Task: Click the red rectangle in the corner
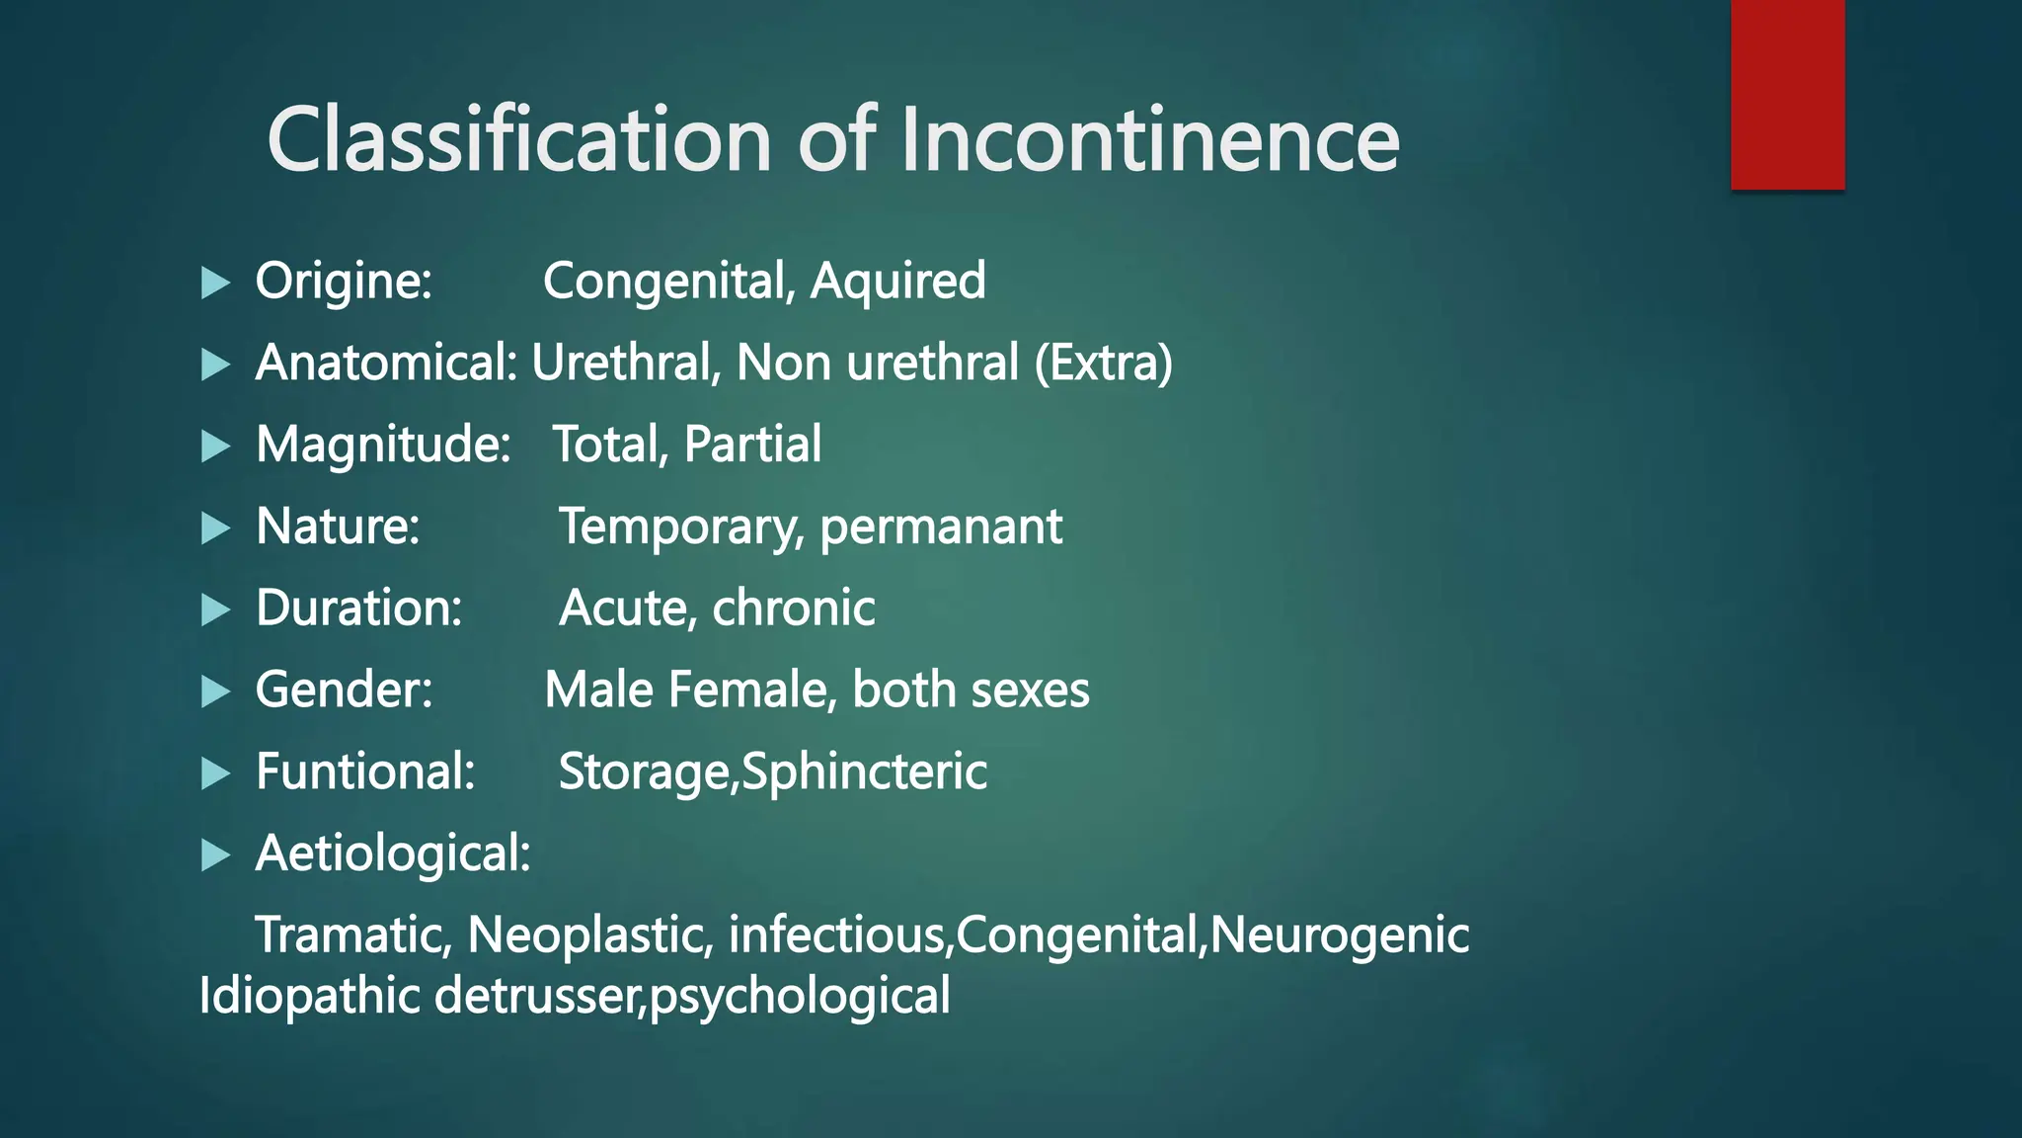(1787, 94)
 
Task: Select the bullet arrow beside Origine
(214, 284)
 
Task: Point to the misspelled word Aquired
(897, 281)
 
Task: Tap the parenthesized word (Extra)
(1103, 363)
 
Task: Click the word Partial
(752, 445)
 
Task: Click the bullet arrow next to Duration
(214, 610)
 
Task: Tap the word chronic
(794, 608)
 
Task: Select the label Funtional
(365, 772)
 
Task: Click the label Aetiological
(393, 853)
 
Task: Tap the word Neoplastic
(590, 935)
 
